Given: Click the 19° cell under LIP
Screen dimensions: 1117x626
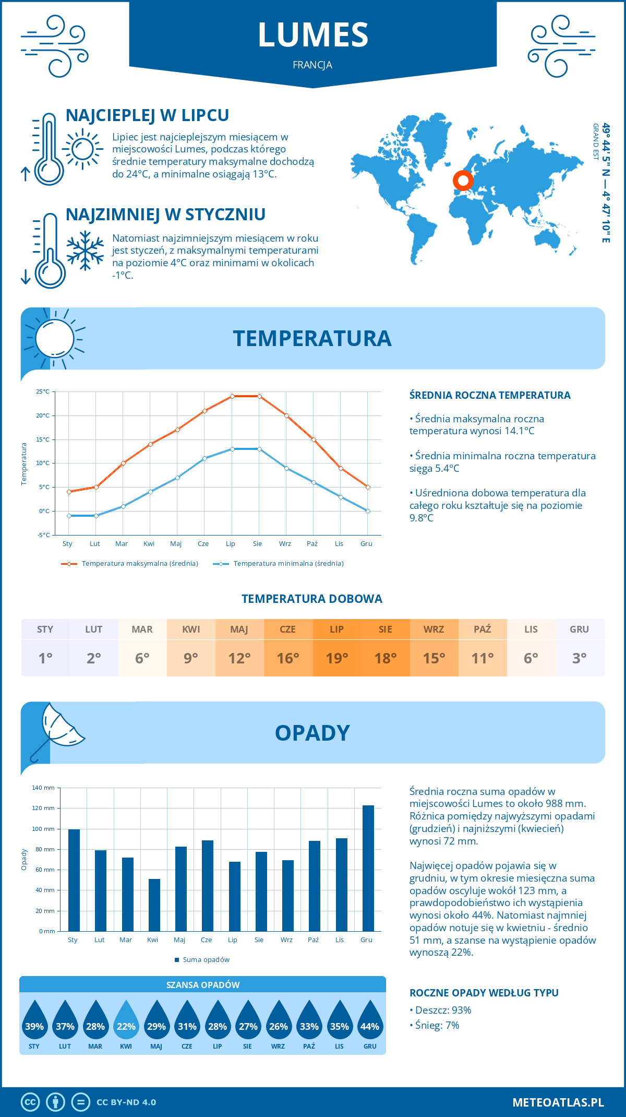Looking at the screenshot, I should (x=336, y=658).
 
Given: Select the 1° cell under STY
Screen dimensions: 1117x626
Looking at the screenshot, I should (x=45, y=658).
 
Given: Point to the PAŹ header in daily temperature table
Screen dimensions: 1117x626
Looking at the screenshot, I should (x=483, y=629).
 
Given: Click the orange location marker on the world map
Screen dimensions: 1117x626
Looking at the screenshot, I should (x=463, y=180).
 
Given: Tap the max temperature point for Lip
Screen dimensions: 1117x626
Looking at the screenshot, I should (x=232, y=396).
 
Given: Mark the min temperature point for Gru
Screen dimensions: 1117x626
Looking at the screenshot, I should (x=368, y=511).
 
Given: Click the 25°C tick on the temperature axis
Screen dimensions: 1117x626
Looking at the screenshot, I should (x=43, y=391).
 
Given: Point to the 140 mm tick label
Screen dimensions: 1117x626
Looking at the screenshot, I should (x=43, y=788).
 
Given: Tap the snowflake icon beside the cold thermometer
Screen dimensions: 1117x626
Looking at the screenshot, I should (x=85, y=251).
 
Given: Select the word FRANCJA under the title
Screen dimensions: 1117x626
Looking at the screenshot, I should (x=312, y=65).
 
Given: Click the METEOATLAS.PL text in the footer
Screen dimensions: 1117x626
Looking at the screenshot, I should (x=558, y=1102).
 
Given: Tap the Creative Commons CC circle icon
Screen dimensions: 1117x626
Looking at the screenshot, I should (x=30, y=1102).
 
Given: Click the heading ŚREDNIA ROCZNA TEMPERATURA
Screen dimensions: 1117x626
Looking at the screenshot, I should (x=490, y=395).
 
